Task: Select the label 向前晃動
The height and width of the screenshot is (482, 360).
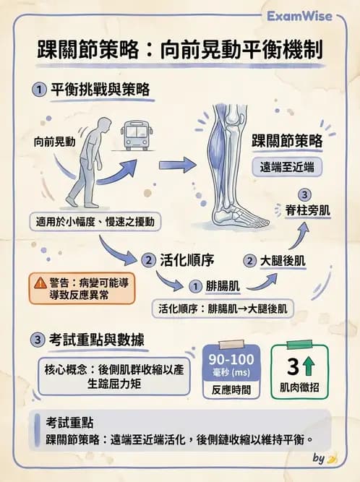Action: coord(54,142)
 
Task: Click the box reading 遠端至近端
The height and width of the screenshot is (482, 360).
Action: coord(286,166)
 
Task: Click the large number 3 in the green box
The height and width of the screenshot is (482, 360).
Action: coord(293,365)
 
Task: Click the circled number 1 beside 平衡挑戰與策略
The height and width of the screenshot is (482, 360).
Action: coord(38,90)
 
